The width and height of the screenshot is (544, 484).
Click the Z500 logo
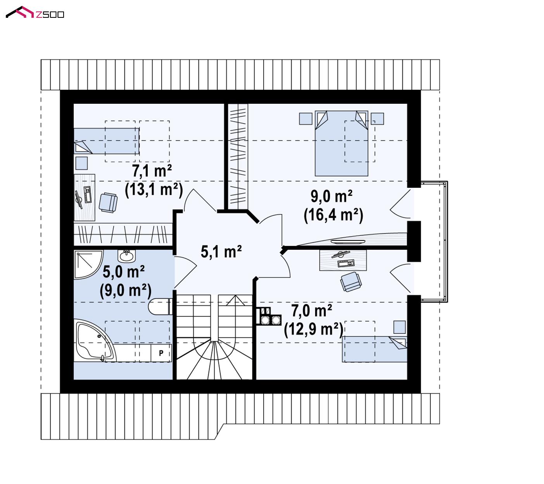(x=35, y=12)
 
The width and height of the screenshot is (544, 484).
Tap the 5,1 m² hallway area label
(x=221, y=252)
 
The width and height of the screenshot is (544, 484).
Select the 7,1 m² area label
(x=152, y=170)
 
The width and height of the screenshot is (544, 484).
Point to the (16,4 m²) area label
(x=333, y=215)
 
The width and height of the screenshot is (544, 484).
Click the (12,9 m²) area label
(x=313, y=329)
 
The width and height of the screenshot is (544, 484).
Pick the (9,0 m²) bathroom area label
(x=125, y=290)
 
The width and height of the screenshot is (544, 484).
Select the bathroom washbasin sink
(x=126, y=256)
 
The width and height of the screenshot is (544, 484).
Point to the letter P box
(x=161, y=353)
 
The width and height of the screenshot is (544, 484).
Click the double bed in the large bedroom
(x=341, y=143)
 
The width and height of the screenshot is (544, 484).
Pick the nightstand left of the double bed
(x=306, y=118)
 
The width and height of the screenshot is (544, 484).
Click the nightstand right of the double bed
(x=377, y=118)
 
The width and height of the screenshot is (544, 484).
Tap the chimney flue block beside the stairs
(x=268, y=316)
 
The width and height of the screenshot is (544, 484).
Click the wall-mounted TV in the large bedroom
(x=348, y=242)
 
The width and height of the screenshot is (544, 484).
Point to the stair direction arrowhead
(x=235, y=300)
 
